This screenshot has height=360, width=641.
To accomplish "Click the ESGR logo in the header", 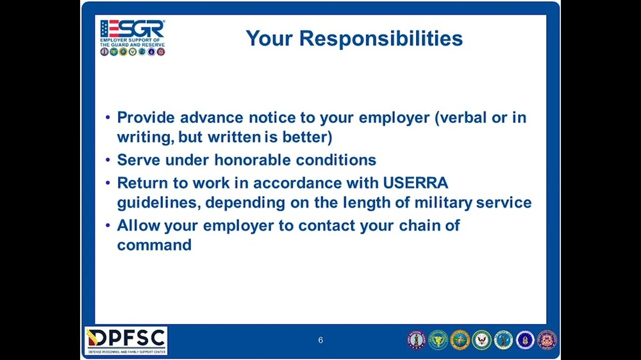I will pos(133,37).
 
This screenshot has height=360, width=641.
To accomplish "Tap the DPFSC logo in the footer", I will pos(126,341).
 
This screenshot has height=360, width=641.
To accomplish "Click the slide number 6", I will pos(320,340).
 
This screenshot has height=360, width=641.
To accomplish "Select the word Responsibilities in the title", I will pos(381,38).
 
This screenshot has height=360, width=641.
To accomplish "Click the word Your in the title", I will pos(269,38).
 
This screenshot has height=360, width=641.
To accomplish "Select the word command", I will pos(154,245).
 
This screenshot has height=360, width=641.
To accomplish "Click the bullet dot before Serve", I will pos(107,160).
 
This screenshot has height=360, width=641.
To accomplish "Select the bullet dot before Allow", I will pos(107,225).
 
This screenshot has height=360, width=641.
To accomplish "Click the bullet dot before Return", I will pos(107,183).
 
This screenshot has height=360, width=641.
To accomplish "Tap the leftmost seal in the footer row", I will pos(417,340).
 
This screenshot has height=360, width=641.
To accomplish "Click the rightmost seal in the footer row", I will pos(547,340).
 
